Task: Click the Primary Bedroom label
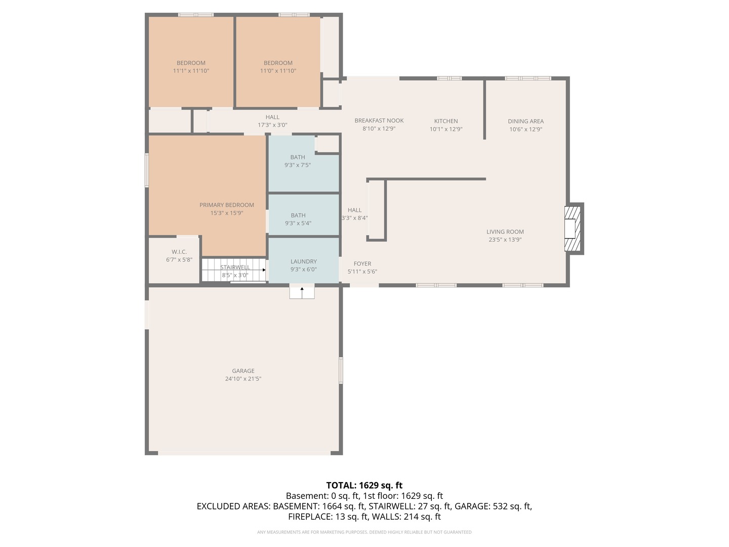point(226,205)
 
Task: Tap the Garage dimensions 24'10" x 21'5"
point(243,379)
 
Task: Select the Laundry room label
point(304,261)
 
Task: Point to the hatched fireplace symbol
point(573,229)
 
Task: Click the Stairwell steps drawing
point(234,269)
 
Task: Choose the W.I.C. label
point(179,252)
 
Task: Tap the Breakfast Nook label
point(379,121)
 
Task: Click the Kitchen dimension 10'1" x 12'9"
point(446,129)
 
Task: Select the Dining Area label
point(526,121)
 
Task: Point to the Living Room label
point(505,232)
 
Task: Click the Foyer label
point(362,263)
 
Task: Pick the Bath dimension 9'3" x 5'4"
point(298,223)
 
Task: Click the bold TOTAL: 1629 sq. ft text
point(364,485)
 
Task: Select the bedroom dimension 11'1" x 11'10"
point(191,71)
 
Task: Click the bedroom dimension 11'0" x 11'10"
point(278,71)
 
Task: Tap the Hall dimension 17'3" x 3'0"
point(272,125)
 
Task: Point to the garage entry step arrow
point(302,293)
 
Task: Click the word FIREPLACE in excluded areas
point(309,517)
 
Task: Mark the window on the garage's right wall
point(341,370)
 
